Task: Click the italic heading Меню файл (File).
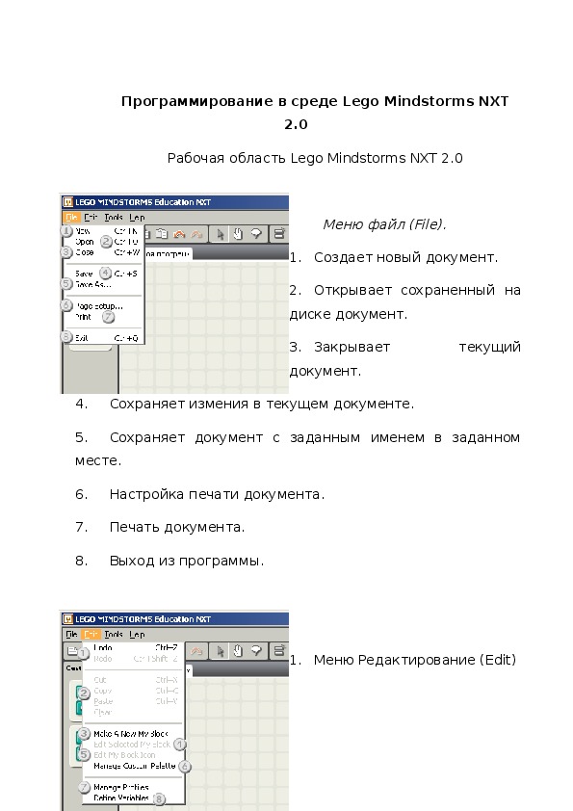point(384,224)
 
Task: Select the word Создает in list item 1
point(343,258)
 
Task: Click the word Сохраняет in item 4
point(145,404)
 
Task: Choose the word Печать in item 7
point(136,527)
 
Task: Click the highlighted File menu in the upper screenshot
point(71,218)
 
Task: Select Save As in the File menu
point(92,284)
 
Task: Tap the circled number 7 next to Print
point(109,316)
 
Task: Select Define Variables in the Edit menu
point(121,798)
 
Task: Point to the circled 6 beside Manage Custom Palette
point(185,767)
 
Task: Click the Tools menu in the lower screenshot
point(114,635)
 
